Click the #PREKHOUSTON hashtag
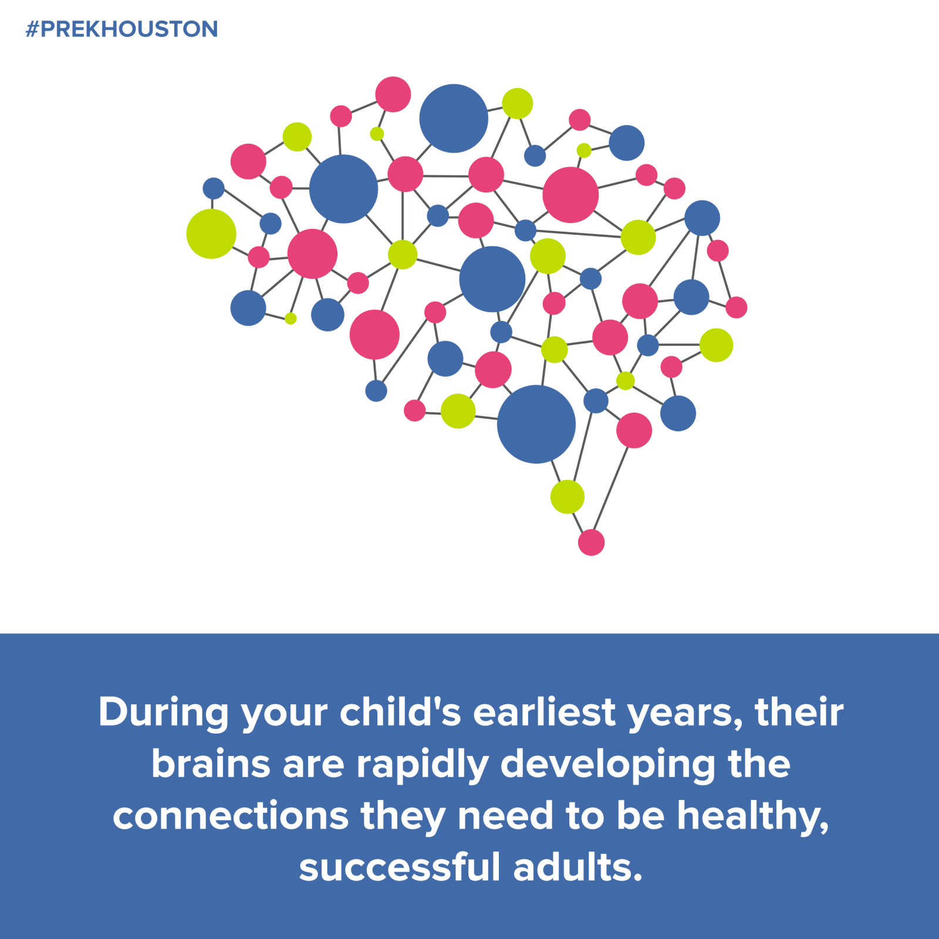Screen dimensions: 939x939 (x=121, y=29)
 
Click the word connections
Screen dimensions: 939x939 (x=231, y=816)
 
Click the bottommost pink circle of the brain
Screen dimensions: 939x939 (x=591, y=542)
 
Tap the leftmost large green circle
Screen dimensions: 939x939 (x=211, y=234)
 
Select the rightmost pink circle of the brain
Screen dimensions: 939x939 (x=737, y=307)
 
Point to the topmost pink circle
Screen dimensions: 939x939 (x=393, y=94)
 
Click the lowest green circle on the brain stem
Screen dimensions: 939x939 (x=568, y=496)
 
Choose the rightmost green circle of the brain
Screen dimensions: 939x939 (x=716, y=345)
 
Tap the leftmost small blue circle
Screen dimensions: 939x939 (x=214, y=188)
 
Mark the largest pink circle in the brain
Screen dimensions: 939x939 (x=570, y=195)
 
